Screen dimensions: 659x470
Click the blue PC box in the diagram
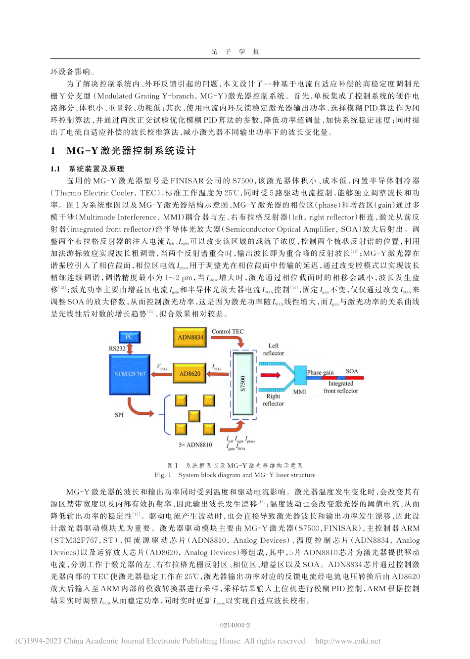129,337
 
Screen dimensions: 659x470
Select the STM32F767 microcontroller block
130,374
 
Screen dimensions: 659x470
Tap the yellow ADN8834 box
190,337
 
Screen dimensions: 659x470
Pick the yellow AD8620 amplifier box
190,374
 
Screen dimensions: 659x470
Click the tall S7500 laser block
243,383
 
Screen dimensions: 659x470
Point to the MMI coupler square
300,375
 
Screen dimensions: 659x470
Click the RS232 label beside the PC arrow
117,349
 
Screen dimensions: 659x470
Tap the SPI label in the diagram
119,415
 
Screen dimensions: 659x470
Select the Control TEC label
228,331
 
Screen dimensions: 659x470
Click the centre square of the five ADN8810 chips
194,415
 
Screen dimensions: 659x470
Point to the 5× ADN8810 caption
195,444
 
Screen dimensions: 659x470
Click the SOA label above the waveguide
352,371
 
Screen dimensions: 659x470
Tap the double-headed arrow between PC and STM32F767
130,349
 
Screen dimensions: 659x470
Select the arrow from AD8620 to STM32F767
161,374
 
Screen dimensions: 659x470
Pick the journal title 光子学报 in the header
235,51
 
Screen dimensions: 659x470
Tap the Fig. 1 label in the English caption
163,475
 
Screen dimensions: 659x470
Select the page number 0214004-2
235,625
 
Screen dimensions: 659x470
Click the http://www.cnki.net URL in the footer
348,641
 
